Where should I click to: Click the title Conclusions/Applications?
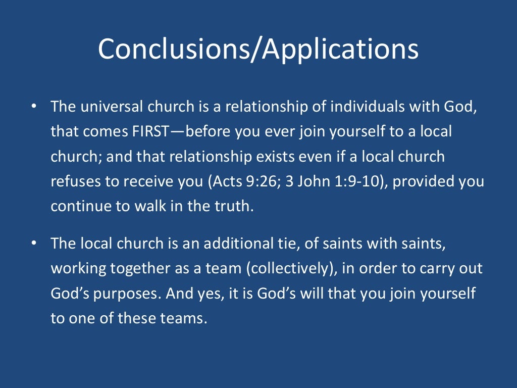(x=258, y=49)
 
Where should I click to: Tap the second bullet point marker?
(x=33, y=244)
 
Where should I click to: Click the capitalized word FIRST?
(x=155, y=132)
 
